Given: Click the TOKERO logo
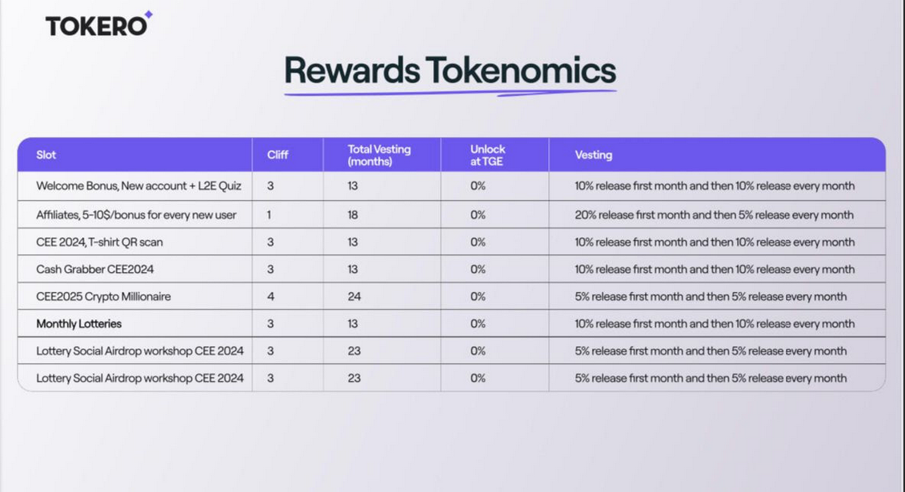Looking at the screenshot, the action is (x=98, y=24).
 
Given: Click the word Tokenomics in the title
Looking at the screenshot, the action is (x=521, y=70).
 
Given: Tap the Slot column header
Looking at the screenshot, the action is (x=46, y=154).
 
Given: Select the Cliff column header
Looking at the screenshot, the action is (x=278, y=154).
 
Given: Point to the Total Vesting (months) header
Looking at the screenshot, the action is (x=379, y=155).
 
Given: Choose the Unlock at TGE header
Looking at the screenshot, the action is (x=487, y=155).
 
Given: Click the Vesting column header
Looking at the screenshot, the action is (x=593, y=154).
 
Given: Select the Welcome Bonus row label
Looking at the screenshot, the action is (x=138, y=186).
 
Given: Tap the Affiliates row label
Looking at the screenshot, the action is (x=136, y=214).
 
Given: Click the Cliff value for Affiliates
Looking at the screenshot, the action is (x=269, y=214).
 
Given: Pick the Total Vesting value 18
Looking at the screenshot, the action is (x=353, y=214).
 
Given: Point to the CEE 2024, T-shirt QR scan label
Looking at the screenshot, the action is (x=99, y=242).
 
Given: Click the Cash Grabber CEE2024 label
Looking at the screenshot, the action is (x=95, y=270).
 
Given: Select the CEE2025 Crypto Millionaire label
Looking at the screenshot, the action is (x=103, y=297).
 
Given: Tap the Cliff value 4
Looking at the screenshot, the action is (x=270, y=297).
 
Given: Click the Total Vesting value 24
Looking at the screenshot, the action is (x=354, y=297).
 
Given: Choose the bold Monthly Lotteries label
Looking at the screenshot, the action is (x=79, y=323).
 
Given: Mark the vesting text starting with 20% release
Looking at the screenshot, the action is (x=714, y=214).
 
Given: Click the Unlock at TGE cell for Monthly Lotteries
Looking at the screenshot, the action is (x=478, y=323).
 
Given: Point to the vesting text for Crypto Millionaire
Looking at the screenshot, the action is (x=711, y=297).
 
